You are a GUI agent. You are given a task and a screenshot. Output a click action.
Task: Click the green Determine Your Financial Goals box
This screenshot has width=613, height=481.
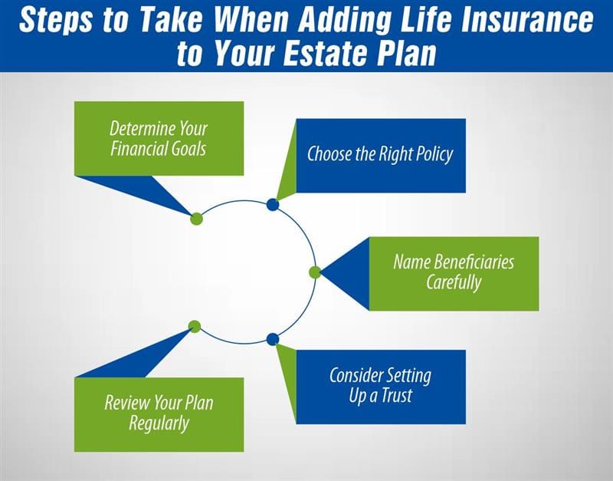[x=159, y=138]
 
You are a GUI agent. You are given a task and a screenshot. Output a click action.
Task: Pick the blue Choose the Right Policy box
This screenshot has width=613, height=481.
[x=380, y=155]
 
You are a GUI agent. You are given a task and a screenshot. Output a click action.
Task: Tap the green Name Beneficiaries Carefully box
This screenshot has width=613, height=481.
[x=454, y=272]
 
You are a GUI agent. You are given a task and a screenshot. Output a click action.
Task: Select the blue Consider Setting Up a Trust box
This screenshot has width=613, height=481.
[x=380, y=386]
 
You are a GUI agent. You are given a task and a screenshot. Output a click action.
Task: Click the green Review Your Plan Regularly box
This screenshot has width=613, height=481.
[x=159, y=413]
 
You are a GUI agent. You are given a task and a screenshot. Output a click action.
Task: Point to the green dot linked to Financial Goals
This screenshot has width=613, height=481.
[x=196, y=218]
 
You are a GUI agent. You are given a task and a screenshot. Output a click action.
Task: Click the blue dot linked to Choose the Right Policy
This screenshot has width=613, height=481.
[x=272, y=205]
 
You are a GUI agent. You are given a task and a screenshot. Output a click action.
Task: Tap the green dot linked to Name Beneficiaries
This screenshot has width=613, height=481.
[x=315, y=272]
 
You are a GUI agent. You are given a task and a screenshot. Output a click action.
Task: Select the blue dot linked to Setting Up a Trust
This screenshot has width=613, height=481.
[x=272, y=339]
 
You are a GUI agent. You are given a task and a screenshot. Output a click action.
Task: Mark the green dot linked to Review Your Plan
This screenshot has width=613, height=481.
[x=195, y=326]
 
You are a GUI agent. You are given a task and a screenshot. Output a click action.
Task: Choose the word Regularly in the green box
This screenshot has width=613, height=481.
[x=159, y=423]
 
